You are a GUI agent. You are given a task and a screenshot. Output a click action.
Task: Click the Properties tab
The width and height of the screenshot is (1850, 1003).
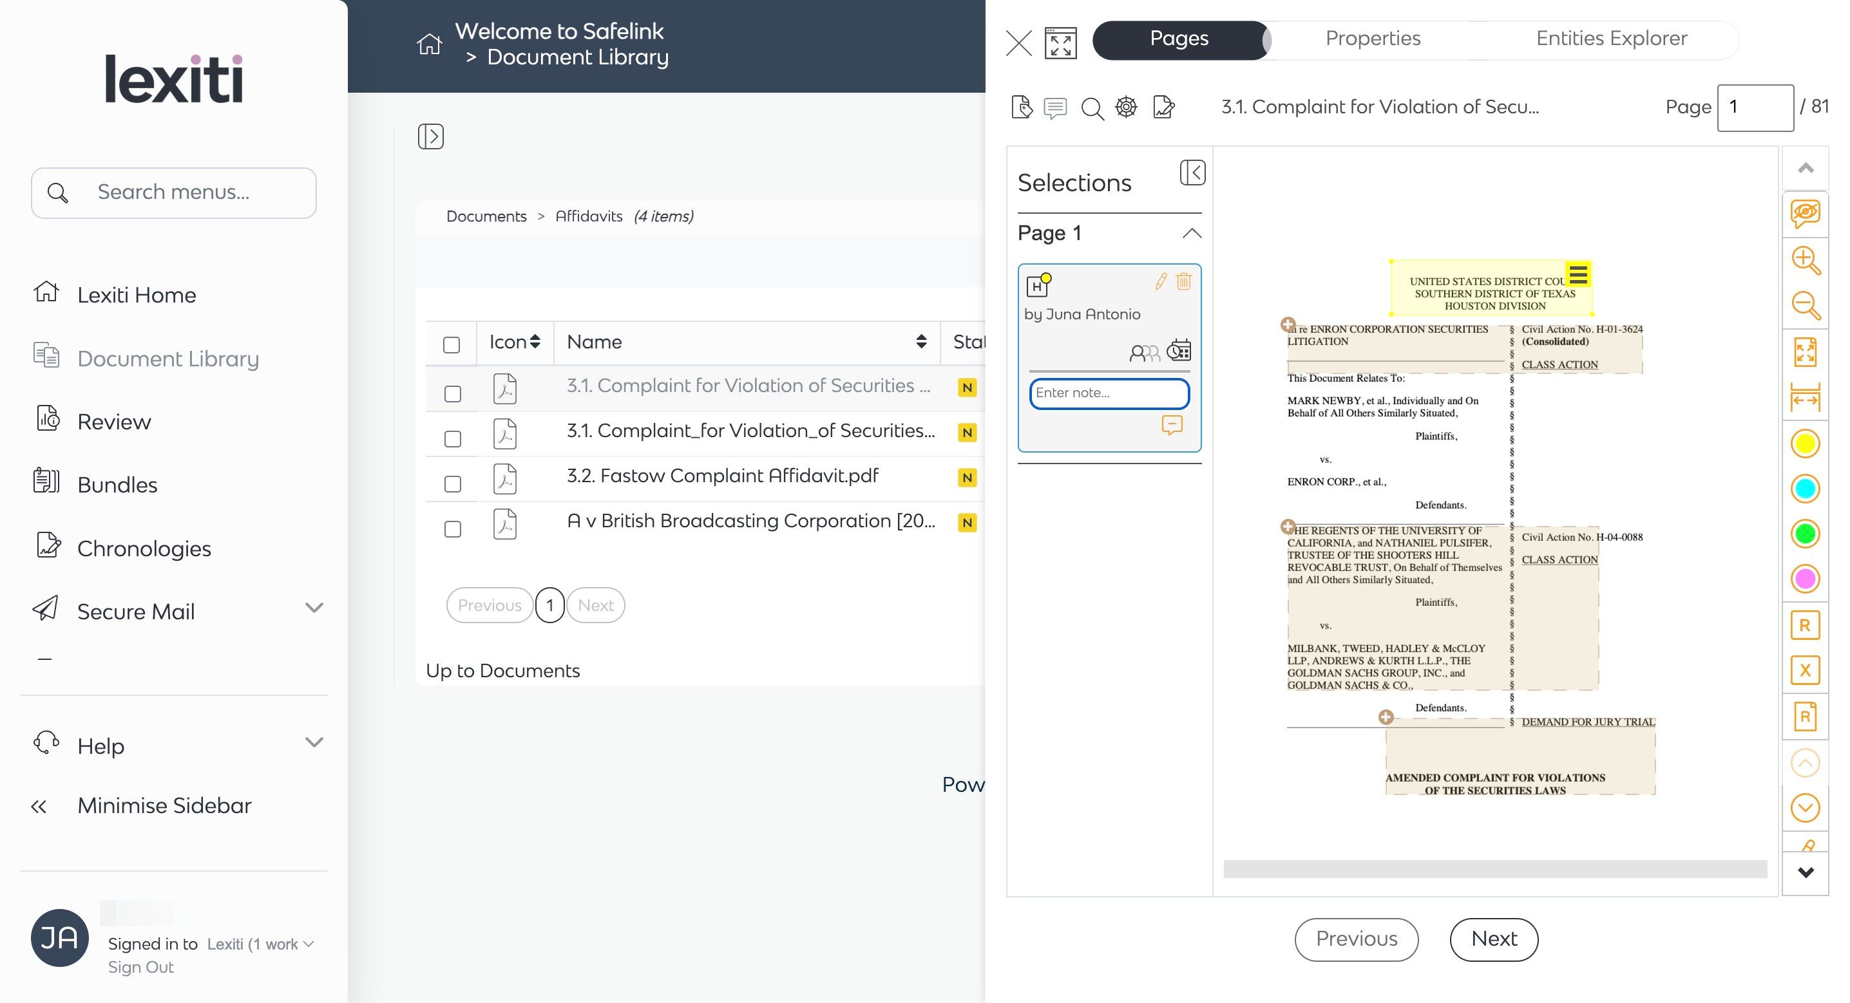1373,39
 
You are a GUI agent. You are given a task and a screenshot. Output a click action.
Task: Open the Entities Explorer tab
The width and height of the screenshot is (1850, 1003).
1611,39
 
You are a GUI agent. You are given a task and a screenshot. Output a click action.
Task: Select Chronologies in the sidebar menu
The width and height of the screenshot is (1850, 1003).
144,548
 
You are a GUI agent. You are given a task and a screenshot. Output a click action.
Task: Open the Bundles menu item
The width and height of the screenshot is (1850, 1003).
117,485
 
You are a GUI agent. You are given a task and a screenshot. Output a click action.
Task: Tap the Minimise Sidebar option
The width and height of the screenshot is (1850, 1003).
164,805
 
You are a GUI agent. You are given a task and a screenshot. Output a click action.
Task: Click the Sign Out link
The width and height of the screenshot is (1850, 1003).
141,967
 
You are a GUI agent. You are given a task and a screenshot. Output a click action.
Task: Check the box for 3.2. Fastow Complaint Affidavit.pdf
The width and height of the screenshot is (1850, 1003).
452,484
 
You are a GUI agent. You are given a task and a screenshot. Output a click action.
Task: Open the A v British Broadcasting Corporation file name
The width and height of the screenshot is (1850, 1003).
750,521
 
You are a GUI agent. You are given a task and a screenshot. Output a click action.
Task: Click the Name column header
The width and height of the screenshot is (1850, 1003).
595,342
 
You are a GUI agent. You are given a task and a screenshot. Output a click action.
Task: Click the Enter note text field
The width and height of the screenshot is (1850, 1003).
1109,393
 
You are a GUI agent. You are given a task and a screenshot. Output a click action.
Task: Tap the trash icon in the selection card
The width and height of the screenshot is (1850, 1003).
1183,281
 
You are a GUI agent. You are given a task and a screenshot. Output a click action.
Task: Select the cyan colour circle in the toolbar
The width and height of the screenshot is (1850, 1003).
1805,489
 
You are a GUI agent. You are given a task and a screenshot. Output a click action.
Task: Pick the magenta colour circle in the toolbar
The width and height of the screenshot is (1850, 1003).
1805,579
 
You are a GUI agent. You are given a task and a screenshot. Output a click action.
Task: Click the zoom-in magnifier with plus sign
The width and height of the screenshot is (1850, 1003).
1805,261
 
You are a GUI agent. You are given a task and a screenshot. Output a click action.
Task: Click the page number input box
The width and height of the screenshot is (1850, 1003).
1755,108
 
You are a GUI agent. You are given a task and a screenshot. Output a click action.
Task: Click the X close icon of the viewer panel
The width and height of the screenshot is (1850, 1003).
1018,43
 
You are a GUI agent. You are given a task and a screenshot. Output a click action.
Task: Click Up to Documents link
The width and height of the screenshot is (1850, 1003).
502,671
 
